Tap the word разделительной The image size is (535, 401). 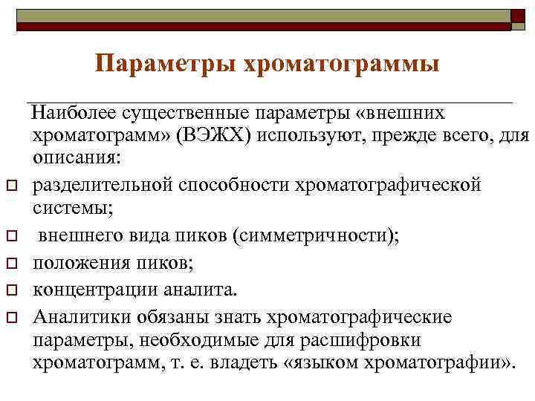pos(102,183)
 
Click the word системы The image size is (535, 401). pos(72,207)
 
